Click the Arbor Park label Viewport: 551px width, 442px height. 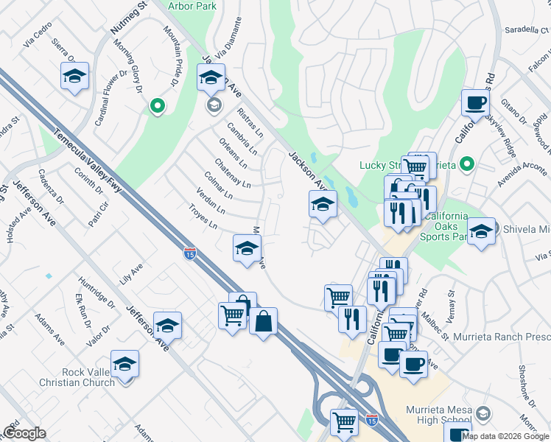coord(192,6)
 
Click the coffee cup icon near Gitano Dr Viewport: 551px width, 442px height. coord(475,103)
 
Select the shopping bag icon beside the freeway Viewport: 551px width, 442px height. coord(263,322)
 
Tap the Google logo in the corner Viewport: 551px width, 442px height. coord(24,433)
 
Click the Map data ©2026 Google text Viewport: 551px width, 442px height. coord(505,436)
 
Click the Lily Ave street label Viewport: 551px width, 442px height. coord(130,276)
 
